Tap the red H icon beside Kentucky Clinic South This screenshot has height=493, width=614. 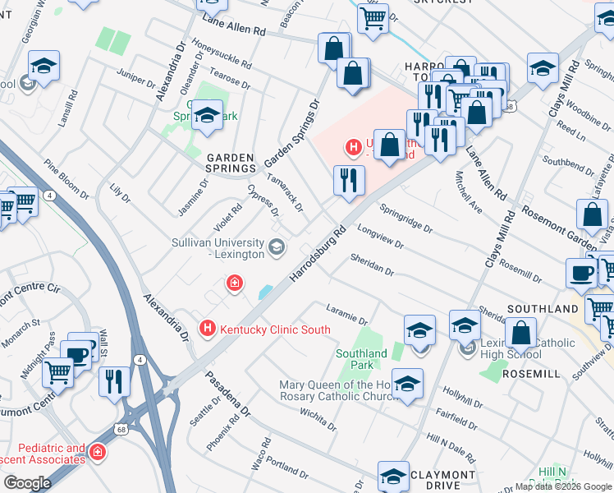208,329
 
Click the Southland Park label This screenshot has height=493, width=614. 361,359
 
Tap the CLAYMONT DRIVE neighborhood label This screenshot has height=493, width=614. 442,480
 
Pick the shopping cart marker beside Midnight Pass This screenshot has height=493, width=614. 58,372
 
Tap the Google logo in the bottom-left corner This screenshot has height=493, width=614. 26,483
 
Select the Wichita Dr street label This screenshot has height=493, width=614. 318,419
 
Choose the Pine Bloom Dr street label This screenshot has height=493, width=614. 66,179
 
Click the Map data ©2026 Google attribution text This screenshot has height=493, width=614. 563,486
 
